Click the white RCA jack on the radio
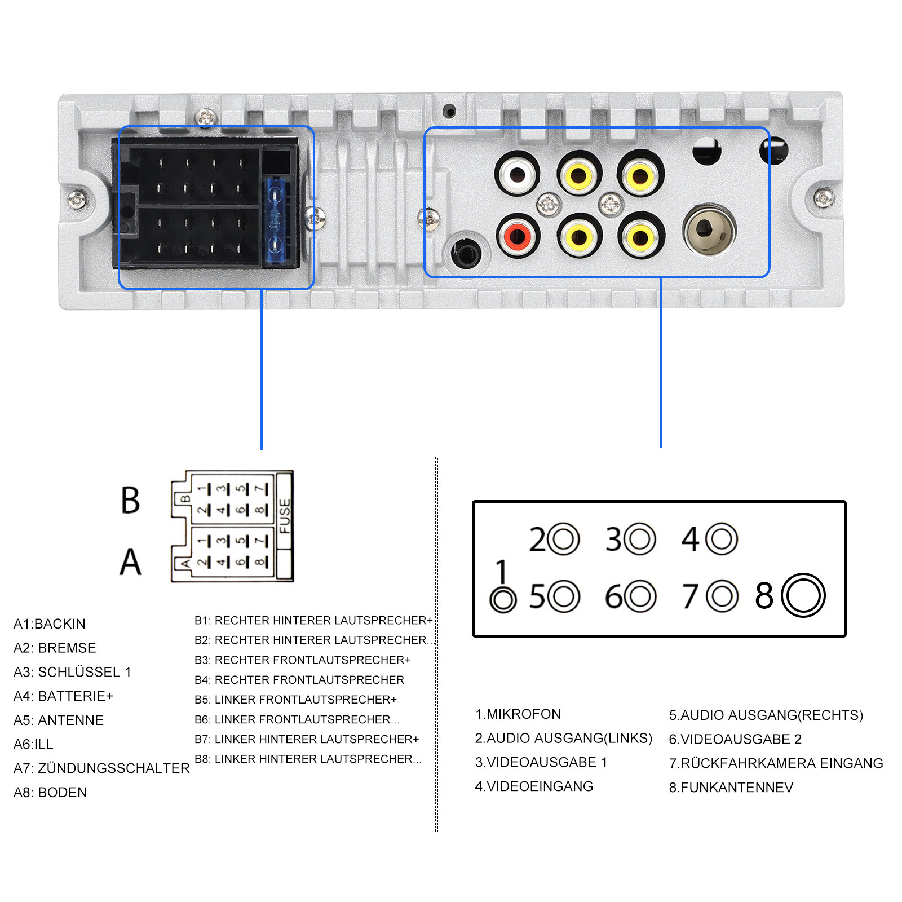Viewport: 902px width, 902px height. pyautogui.click(x=518, y=174)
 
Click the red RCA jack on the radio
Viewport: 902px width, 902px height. pyautogui.click(x=519, y=236)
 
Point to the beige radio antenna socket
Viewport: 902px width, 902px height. pyautogui.click(x=709, y=229)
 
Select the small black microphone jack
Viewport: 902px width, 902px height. pyautogui.click(x=466, y=252)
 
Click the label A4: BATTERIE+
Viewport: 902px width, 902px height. pyautogui.click(x=63, y=696)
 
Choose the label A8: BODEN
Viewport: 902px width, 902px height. pyautogui.click(x=50, y=792)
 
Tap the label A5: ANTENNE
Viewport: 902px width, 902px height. pyautogui.click(x=59, y=720)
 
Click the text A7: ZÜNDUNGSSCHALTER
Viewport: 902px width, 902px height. pyautogui.click(x=101, y=768)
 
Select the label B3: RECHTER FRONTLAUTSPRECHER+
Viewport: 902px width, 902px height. pyautogui.click(x=303, y=660)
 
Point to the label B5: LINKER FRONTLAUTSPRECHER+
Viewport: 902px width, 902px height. pyautogui.click(x=296, y=699)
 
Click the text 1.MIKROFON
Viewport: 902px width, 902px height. pyautogui.click(x=518, y=714)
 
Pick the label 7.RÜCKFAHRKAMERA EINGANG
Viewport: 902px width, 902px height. pyautogui.click(x=776, y=763)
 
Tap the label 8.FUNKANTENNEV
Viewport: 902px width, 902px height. pyautogui.click(x=731, y=787)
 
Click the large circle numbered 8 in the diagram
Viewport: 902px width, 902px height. pyautogui.click(x=803, y=595)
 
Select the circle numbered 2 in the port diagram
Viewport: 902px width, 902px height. pyautogui.click(x=563, y=539)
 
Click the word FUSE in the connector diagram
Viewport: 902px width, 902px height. pyautogui.click(x=285, y=516)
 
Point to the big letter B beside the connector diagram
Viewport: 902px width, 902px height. pyautogui.click(x=130, y=500)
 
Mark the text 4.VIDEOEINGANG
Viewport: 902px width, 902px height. pyautogui.click(x=534, y=786)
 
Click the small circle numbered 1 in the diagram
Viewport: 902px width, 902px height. pyautogui.click(x=503, y=600)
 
